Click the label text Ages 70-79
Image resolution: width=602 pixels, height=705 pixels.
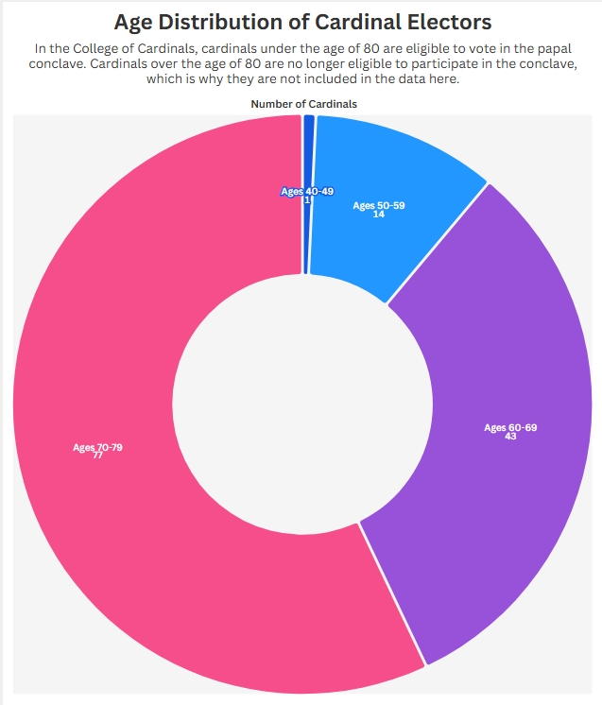[x=97, y=447]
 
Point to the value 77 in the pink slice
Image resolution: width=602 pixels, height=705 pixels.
[x=97, y=456]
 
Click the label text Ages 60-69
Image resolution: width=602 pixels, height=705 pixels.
[x=510, y=427]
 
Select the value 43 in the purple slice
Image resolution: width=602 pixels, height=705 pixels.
[x=510, y=437]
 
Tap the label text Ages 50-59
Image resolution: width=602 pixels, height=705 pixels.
[x=378, y=205]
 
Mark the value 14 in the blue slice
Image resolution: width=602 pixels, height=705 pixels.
[x=378, y=215]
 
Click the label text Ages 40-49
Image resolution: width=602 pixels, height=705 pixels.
[x=307, y=191]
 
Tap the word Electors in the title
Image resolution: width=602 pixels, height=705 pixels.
[x=449, y=21]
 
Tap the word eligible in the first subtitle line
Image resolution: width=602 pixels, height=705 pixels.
[x=436, y=47]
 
